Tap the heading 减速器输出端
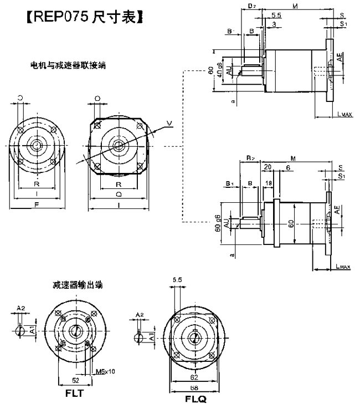[x=74, y=285]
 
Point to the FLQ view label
[x=194, y=398]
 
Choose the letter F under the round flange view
[x=37, y=204]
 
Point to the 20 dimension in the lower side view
[x=269, y=167]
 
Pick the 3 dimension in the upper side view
[x=275, y=24]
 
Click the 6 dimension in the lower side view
[x=287, y=167]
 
